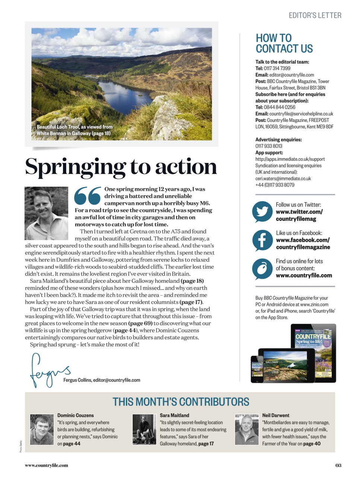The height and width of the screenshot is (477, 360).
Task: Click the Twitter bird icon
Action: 262,212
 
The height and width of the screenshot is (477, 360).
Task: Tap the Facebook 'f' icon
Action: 262,240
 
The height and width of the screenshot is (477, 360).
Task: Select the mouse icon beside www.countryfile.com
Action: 262,268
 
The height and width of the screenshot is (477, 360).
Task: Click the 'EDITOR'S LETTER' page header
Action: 315,15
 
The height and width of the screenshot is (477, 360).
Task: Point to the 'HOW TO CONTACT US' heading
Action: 284,43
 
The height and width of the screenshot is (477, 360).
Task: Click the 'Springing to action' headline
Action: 121,167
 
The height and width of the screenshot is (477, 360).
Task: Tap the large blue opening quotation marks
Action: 88,196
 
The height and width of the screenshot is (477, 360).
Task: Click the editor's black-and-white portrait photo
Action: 47,213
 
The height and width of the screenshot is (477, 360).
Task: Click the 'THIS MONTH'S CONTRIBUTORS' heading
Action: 181,402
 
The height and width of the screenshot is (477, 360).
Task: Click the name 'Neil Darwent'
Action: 275,415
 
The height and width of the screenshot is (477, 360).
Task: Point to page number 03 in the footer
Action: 338,465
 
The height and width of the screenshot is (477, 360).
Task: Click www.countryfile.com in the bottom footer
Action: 47,465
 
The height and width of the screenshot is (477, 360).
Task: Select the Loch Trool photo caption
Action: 74,130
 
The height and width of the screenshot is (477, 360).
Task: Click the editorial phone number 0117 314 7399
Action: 277,68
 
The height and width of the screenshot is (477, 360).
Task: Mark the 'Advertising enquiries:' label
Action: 278,140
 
